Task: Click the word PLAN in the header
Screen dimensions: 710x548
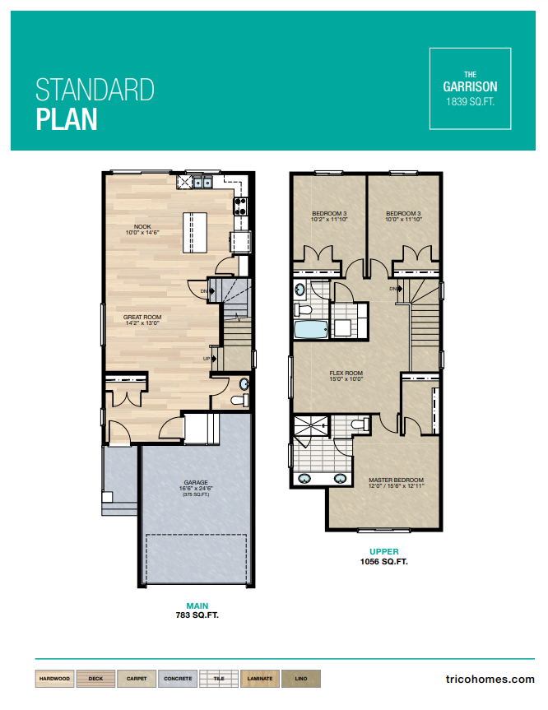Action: pyautogui.click(x=67, y=118)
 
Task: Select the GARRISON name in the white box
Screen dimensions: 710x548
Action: pyautogui.click(x=470, y=86)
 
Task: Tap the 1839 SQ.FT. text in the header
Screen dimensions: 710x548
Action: pyautogui.click(x=470, y=102)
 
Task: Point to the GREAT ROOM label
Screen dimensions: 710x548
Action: pyautogui.click(x=141, y=318)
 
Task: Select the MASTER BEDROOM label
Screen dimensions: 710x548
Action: pyautogui.click(x=396, y=480)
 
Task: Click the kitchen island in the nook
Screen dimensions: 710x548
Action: pyautogui.click(x=197, y=233)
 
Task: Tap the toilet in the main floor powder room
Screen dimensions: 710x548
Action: pyautogui.click(x=238, y=401)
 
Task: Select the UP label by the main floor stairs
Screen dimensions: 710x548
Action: pyautogui.click(x=207, y=360)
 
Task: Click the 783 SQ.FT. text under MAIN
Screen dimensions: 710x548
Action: pyautogui.click(x=197, y=615)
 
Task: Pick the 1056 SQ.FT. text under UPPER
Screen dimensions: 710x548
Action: pyautogui.click(x=385, y=562)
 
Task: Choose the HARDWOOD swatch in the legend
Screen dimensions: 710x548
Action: pyautogui.click(x=54, y=680)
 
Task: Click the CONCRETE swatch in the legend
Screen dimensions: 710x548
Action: pyautogui.click(x=178, y=680)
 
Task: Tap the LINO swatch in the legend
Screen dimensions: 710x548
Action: pyautogui.click(x=300, y=680)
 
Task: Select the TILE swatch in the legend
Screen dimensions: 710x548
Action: pyautogui.click(x=218, y=680)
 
